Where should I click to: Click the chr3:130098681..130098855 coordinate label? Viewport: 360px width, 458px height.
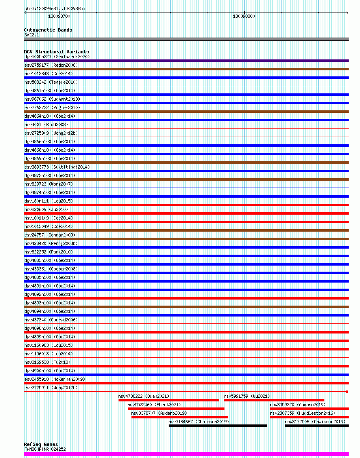55,8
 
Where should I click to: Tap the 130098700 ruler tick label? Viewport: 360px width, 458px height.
59,16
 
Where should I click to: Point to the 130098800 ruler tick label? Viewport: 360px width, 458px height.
244,16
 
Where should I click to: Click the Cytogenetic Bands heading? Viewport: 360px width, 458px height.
48,30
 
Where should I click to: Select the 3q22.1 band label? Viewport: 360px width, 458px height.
32,35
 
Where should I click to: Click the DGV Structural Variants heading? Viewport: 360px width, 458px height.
57,52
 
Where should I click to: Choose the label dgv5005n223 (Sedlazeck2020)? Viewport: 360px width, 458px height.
57,57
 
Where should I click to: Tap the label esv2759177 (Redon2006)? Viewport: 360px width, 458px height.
51,65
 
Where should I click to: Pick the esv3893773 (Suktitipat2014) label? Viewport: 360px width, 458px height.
57,167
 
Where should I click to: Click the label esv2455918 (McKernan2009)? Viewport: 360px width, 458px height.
55,379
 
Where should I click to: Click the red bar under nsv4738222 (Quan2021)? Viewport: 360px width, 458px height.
168,400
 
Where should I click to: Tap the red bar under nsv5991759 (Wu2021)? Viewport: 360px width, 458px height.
274,400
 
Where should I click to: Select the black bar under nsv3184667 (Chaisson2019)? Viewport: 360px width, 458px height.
218,426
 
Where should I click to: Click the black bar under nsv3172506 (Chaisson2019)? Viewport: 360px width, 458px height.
317,426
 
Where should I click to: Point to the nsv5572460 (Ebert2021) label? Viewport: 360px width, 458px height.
154,405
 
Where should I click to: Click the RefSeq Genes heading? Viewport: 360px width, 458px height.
41,444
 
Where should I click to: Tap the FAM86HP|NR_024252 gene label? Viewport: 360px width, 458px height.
45,449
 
